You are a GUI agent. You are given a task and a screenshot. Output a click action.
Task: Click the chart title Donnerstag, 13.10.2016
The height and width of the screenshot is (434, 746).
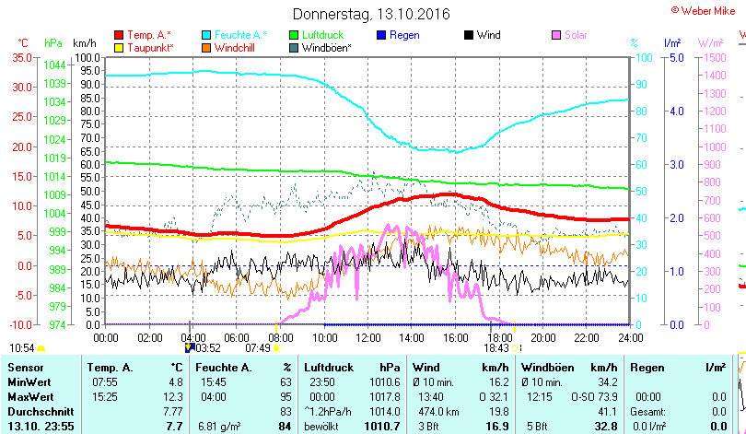coord(371,15)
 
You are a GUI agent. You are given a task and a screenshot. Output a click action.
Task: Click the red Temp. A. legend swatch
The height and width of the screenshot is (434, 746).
coord(119,35)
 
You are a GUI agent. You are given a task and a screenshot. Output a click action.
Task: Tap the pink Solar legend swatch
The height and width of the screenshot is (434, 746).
coord(556,35)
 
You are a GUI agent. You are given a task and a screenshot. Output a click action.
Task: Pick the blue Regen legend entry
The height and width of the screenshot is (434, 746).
coord(404,35)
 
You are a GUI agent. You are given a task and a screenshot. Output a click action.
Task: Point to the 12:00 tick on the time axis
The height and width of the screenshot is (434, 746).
coord(367,337)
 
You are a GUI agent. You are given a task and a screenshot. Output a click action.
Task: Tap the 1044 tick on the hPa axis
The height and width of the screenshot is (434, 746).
coord(54,65)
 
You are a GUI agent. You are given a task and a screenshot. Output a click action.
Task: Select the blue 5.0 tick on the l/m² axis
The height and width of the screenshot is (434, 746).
coord(675,58)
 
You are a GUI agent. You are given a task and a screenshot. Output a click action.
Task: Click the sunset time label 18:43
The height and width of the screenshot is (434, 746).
coord(496,348)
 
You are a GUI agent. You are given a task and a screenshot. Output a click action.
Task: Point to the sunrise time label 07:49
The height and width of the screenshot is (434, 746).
coord(257,348)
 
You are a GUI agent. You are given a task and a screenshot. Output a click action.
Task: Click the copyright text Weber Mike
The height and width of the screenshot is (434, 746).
coord(707,9)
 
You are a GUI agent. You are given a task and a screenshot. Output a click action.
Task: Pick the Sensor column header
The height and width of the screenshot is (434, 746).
coord(26,368)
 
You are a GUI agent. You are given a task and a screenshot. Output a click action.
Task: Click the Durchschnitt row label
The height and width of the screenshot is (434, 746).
coord(39,411)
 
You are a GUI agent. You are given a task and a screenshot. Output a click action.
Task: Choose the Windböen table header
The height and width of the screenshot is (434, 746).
coord(549,368)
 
